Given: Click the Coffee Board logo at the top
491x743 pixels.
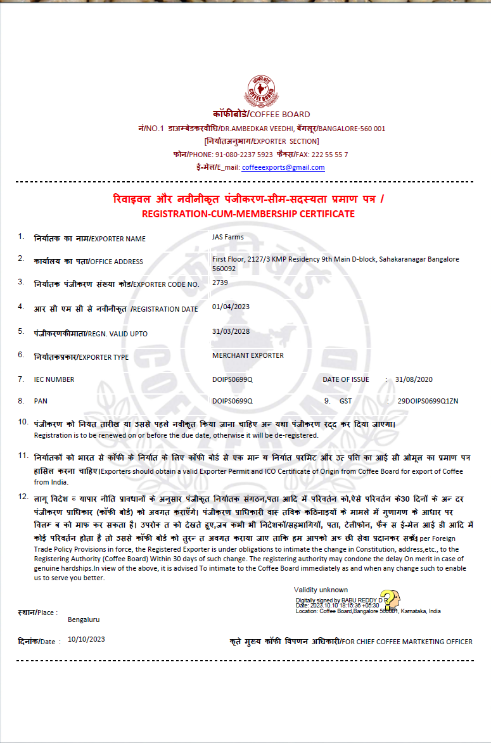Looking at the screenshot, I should tap(261, 91).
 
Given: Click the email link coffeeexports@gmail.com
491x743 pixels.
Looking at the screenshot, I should tap(283, 167).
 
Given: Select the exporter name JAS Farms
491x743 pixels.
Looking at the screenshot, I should tap(228, 237).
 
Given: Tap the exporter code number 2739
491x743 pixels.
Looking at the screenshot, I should tap(220, 283).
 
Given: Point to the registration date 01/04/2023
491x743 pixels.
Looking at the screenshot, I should tap(231, 307).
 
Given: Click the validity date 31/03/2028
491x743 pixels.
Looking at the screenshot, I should tap(231, 331).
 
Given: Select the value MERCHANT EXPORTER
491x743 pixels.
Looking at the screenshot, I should tap(248, 355).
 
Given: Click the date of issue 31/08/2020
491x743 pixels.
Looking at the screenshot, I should tap(413, 379).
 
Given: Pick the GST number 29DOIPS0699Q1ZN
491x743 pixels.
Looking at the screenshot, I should tap(428, 401).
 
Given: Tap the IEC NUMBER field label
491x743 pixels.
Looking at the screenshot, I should tap(54, 379).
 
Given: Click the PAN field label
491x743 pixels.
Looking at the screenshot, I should tap(41, 401).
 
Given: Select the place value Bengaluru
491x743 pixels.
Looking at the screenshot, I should tap(84, 619).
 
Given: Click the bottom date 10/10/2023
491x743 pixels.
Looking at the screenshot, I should tap(86, 640).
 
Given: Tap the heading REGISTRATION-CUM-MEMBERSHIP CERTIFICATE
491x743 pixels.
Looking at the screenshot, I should tap(248, 214).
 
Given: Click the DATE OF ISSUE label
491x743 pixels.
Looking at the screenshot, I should tap(345, 379).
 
